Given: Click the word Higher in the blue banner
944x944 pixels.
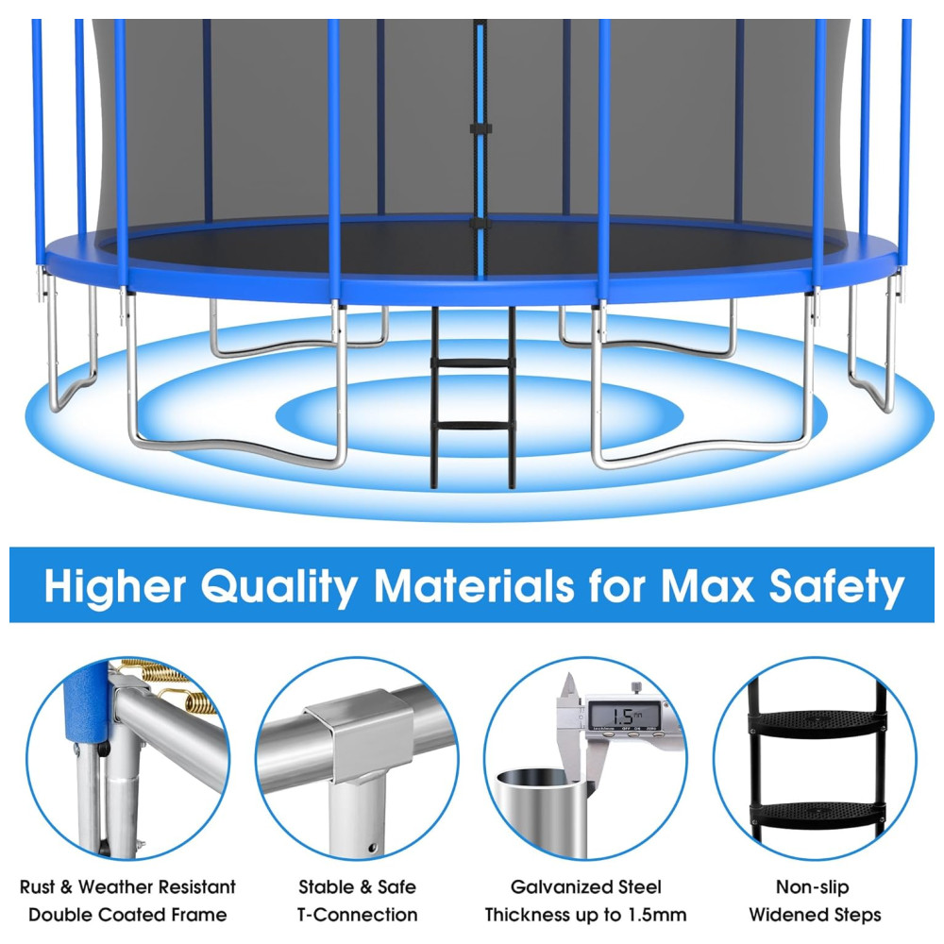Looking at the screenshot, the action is click(115, 586).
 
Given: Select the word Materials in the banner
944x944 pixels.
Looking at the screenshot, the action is click(474, 585).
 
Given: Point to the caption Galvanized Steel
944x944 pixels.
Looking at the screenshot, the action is click(585, 886).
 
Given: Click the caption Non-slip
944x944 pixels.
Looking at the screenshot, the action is click(812, 886).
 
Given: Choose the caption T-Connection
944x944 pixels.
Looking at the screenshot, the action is click(358, 915).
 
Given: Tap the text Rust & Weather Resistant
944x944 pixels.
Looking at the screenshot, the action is click(127, 886).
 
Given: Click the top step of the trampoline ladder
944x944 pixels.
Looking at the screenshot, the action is click(473, 363).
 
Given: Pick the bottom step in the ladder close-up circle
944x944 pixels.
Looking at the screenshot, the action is click(816, 814).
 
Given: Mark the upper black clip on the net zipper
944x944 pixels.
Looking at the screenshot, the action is click(480, 128).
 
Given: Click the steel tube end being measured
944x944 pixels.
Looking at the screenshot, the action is click(540, 810).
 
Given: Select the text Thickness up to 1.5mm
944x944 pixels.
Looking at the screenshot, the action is click(585, 915).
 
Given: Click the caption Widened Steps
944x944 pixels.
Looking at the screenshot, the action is click(815, 915).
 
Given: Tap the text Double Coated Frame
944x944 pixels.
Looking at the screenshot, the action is click(127, 915).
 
